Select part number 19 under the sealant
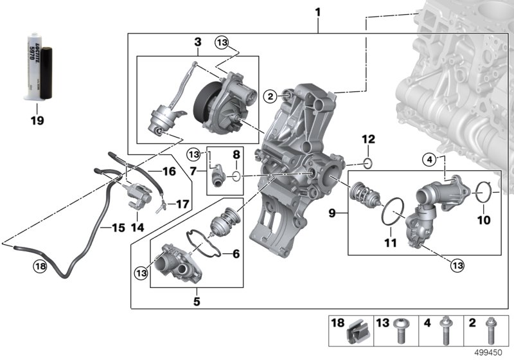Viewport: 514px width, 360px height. pos(37,119)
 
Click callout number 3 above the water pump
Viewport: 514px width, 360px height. pos(198,42)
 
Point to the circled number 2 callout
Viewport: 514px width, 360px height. pos(270,96)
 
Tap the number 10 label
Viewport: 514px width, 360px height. pos(483,220)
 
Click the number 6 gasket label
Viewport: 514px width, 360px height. pos(235,254)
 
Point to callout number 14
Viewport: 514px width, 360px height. pos(137,227)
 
